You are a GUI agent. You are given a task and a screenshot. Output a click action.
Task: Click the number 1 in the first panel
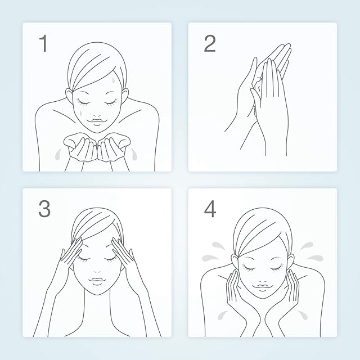[x=44, y=43]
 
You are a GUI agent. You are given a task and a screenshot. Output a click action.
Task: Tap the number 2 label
[x=210, y=43]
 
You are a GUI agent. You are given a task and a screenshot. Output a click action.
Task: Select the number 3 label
[x=44, y=209]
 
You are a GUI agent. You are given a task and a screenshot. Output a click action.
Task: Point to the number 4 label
[x=210, y=209]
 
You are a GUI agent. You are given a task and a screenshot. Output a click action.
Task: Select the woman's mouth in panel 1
[x=98, y=120]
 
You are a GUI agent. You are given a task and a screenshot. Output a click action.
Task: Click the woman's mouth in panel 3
[x=97, y=280]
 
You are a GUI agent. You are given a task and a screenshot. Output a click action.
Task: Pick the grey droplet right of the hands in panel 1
[x=134, y=154]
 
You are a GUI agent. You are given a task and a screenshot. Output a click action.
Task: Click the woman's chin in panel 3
[x=98, y=292]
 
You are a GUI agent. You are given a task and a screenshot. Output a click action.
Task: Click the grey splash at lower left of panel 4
[x=222, y=315]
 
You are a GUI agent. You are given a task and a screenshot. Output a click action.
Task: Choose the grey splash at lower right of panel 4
[x=303, y=315]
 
